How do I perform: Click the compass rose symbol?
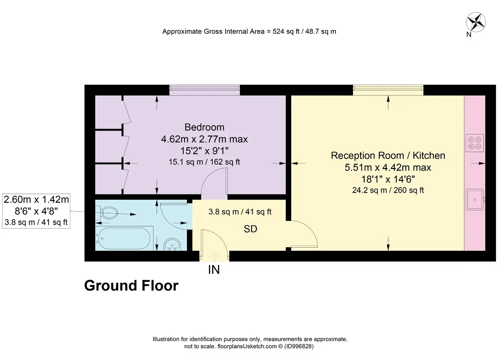475,22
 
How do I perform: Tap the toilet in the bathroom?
107,212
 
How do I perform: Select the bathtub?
124,238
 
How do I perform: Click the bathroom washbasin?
172,244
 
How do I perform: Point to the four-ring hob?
475,143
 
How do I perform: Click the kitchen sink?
475,199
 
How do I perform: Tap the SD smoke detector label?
250,229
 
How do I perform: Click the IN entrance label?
214,270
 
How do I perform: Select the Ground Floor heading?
131,285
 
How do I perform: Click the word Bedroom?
204,127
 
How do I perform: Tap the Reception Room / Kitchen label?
388,155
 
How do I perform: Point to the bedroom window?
204,90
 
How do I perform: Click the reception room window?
388,90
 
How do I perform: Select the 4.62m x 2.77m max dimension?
204,139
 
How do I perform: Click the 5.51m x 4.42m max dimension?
388,167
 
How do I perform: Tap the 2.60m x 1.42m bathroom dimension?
36,199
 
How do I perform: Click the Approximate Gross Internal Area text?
249,31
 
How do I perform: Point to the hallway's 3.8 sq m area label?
240,211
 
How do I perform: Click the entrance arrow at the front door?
214,256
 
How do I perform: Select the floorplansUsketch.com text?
247,346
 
